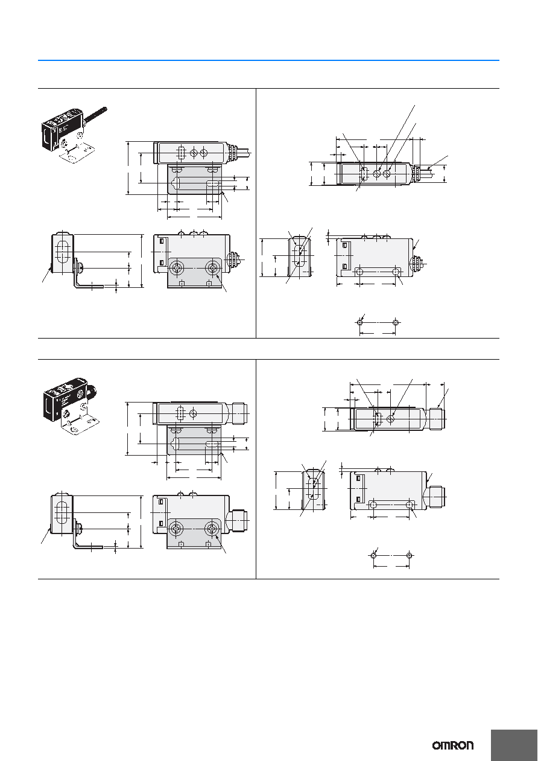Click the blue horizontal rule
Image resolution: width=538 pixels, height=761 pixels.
(x=268, y=60)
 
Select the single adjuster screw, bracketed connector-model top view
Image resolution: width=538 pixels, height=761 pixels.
(x=193, y=413)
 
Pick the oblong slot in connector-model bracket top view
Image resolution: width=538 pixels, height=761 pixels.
(x=212, y=444)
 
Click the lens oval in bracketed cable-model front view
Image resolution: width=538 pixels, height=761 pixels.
(x=62, y=252)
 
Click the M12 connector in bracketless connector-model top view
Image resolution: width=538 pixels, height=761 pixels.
(x=437, y=419)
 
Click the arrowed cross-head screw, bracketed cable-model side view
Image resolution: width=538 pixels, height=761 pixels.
(x=213, y=268)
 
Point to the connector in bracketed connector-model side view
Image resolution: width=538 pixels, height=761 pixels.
(x=238, y=520)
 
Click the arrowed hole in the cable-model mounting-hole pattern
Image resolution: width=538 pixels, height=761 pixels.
(x=360, y=322)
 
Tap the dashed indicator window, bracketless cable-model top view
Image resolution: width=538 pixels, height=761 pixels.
(x=363, y=174)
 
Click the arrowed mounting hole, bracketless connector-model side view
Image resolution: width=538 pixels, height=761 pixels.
(x=410, y=505)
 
